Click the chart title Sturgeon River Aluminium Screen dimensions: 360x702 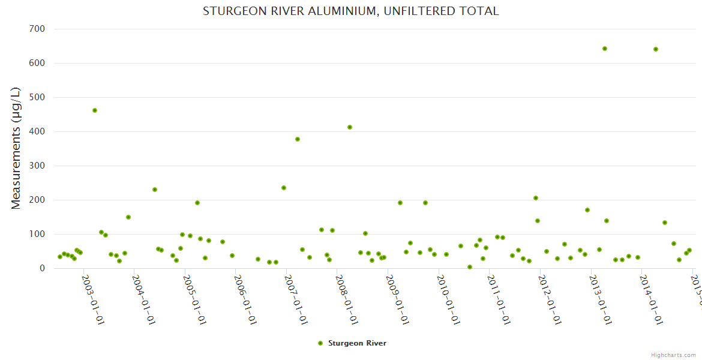(x=350, y=11)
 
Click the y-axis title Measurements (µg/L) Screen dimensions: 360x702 (x=16, y=148)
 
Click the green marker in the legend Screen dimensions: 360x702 (x=320, y=343)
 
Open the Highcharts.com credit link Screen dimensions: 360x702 (x=673, y=355)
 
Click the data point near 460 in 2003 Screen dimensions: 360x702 (x=95, y=110)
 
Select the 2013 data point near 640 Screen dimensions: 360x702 (x=605, y=49)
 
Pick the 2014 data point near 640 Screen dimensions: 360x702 (x=656, y=49)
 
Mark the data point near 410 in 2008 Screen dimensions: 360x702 (x=350, y=127)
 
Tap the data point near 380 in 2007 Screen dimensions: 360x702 (x=298, y=139)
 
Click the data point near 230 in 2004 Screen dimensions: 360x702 (x=155, y=190)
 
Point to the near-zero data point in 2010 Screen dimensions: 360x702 (x=470, y=267)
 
